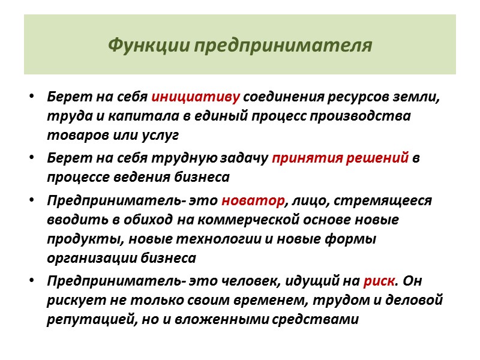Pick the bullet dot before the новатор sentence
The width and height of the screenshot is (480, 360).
coord(31,201)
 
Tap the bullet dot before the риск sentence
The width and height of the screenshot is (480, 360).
coord(31,281)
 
